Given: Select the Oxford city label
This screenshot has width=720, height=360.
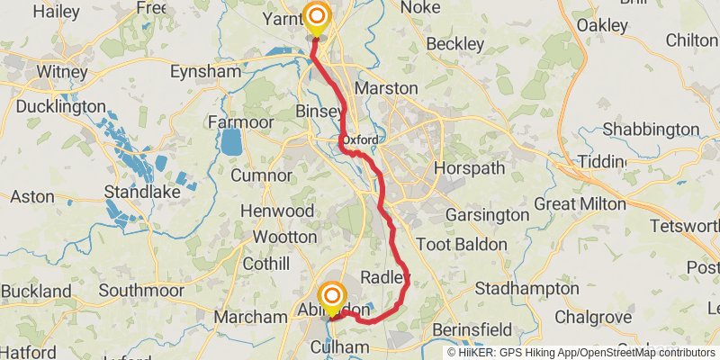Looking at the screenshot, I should (358, 139).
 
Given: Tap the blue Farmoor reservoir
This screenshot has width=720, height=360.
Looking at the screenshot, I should (231, 141).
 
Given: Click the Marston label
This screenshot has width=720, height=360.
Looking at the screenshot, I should (386, 88).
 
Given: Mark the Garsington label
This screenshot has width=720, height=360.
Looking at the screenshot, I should (488, 215).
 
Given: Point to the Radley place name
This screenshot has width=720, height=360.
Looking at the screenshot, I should (384, 275).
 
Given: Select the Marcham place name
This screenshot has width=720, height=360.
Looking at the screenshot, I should (251, 317).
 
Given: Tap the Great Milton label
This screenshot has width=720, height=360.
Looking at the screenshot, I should (580, 204).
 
